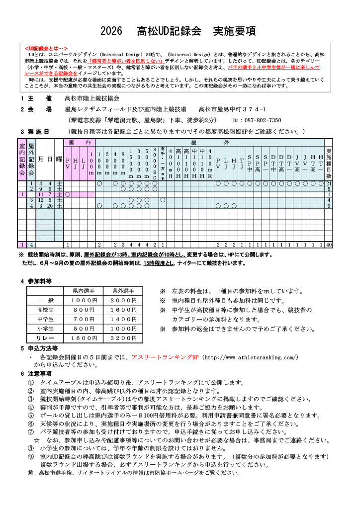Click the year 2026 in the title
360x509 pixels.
click(111, 31)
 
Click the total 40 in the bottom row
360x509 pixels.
click(329, 245)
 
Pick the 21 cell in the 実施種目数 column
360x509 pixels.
click(329, 184)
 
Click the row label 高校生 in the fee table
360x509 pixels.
click(45, 310)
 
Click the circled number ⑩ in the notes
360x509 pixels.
click(30, 472)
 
